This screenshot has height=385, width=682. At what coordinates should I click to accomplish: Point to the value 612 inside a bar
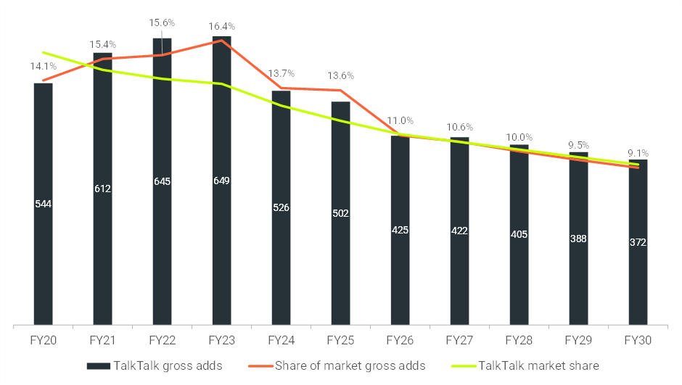(102, 189)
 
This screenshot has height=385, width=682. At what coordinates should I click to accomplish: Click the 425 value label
(400, 230)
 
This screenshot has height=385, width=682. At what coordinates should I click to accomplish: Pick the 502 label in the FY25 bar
(340, 213)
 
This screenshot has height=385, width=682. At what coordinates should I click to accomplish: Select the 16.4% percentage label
(221, 27)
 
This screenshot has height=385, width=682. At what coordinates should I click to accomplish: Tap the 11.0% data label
(400, 120)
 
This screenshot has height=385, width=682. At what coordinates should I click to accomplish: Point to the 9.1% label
(638, 153)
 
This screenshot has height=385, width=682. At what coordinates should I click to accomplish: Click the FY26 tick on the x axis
(400, 339)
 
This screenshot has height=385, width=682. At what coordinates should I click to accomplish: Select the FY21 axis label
(102, 339)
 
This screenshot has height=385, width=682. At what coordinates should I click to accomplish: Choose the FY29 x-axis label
(578, 339)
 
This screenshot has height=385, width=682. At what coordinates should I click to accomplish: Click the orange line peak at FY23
(221, 41)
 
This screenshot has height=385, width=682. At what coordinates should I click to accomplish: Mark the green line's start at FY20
(43, 52)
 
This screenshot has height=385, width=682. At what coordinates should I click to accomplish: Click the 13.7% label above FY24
(281, 73)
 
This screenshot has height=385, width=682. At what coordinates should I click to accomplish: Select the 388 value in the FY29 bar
(578, 237)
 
